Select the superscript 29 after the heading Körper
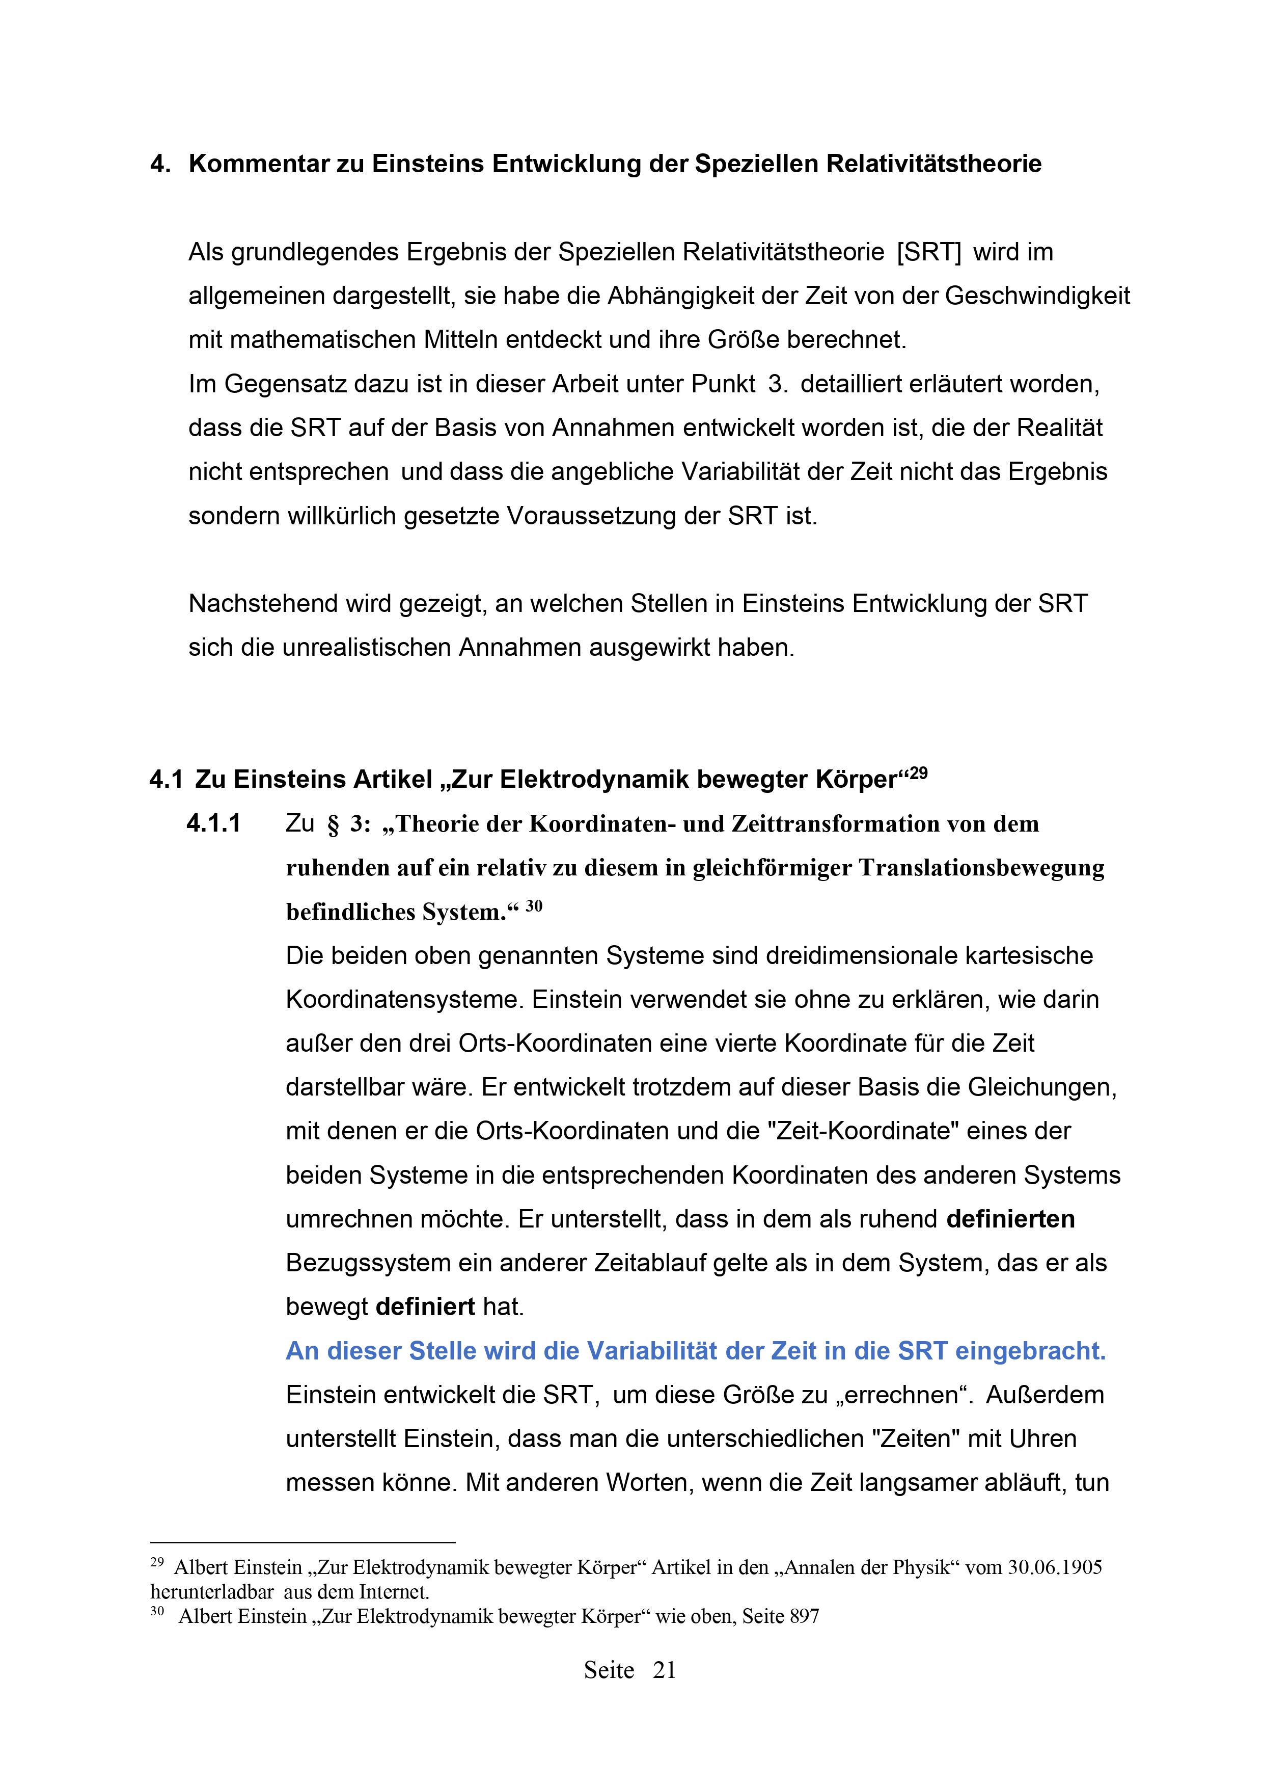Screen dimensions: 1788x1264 [918, 773]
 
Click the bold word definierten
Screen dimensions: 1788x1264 [1010, 1219]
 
